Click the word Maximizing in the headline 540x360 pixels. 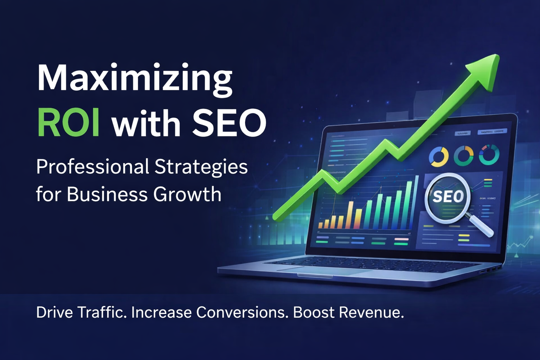(134, 78)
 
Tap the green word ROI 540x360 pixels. (68, 123)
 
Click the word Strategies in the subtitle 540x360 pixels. (201, 167)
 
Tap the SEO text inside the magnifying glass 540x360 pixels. (448, 197)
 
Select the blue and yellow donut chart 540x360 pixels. (439, 156)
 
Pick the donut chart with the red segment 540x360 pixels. (489, 155)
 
